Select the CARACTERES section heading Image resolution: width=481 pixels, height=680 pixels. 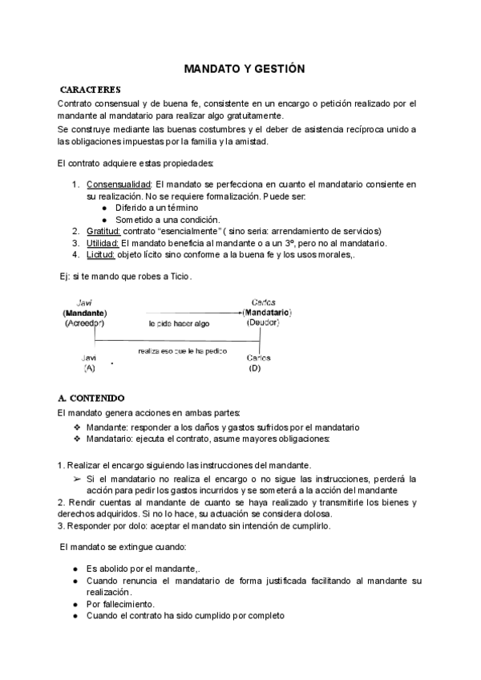pyautogui.click(x=91, y=89)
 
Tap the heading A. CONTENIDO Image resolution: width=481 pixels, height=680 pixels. pyautogui.click(x=91, y=397)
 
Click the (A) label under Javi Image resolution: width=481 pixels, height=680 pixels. pyautogui.click(x=88, y=368)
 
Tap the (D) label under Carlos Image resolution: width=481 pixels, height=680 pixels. pyautogui.click(x=256, y=368)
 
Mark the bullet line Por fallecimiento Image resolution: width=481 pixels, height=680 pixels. pyautogui.click(x=120, y=604)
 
